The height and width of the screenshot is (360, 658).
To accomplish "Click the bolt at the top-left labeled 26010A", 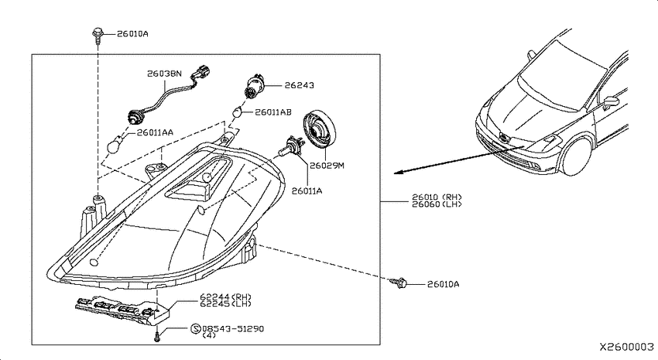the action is pos(98,36).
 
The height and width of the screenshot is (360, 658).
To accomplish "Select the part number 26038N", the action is pos(164,74).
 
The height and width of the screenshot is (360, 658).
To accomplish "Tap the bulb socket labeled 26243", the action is pos(253,87).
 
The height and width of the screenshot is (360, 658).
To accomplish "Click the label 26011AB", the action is pos(273,112).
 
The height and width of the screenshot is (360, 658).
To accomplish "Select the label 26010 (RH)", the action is pos(437,197).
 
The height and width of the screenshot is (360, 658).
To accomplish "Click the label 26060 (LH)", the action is pos(437,204).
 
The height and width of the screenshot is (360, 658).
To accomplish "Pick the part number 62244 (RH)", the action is pos(225,297).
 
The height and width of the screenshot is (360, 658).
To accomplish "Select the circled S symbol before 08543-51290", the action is pos(196,329).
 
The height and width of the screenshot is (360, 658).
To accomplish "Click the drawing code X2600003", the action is pos(626,347).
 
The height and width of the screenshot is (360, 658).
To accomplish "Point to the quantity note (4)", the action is pos(209,336).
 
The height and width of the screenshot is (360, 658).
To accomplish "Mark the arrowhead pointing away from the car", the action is pos(399,172).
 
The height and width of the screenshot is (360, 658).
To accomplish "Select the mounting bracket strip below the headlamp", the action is pos(122,311).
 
